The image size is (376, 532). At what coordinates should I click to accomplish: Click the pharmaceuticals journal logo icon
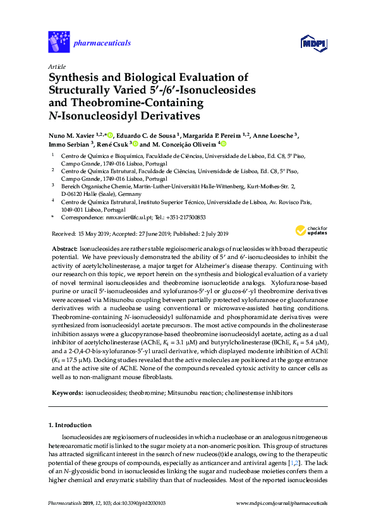point(58,42)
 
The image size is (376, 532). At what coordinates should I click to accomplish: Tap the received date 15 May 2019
point(97,233)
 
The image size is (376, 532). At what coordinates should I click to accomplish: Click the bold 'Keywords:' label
point(66,392)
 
